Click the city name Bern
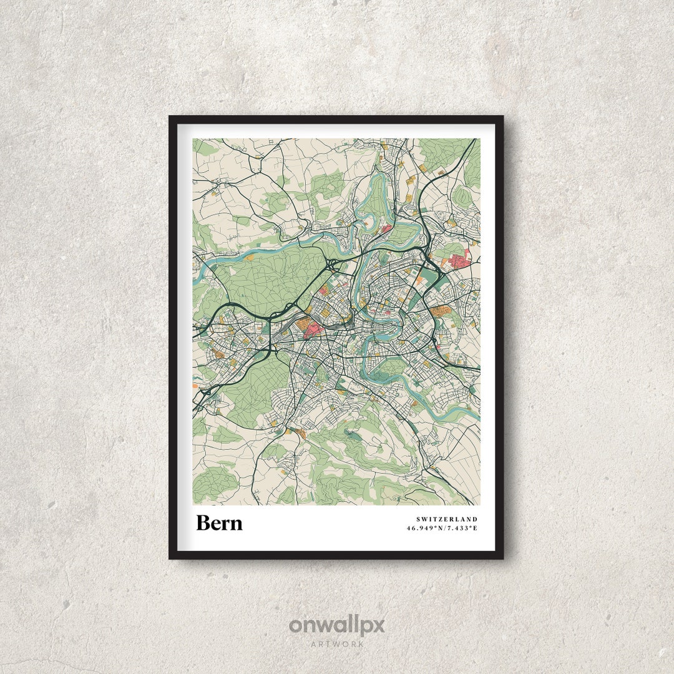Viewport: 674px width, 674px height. (x=219, y=523)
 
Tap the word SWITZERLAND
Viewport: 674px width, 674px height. (x=447, y=519)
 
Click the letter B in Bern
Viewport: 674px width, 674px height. (x=203, y=523)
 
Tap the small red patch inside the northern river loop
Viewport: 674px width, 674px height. (x=386, y=229)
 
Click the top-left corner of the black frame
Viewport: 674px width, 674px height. (x=170, y=117)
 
